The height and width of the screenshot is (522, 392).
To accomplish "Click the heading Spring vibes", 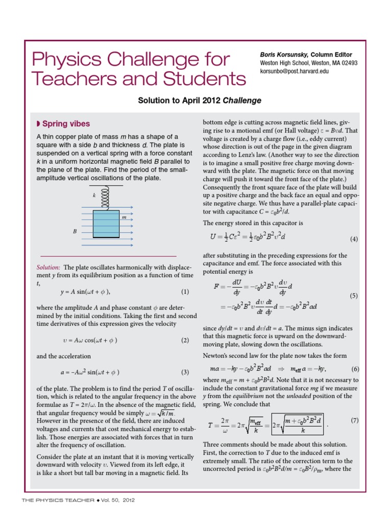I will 65,124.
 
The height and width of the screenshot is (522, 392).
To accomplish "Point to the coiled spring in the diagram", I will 106,199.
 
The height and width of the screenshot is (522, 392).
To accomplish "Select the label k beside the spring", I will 94,196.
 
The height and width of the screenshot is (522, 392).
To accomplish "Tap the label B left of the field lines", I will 75,231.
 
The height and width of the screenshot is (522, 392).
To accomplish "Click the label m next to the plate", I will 124,218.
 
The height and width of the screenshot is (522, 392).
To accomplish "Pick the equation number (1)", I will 185,292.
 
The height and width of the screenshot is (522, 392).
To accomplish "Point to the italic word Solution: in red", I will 48,267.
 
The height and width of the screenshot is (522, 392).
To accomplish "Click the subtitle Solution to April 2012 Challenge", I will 200,100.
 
